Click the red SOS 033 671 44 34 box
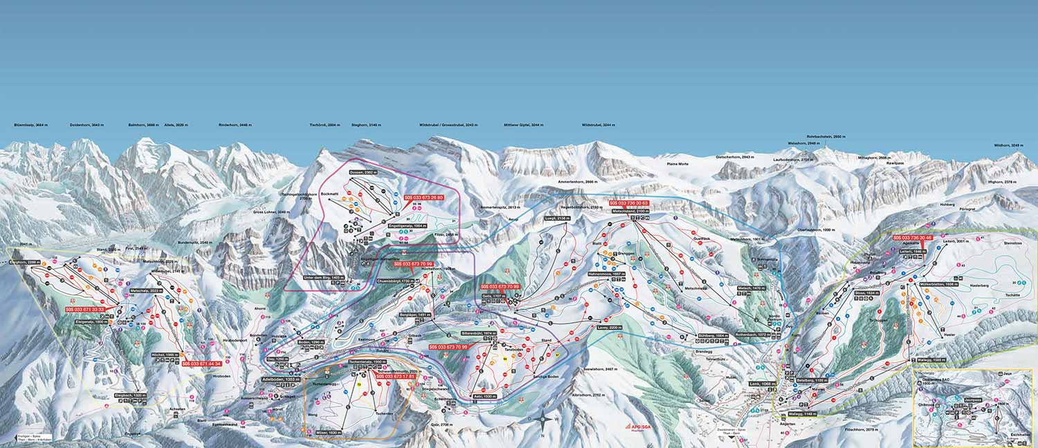coord(201,363)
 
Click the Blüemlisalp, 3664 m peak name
coord(30,125)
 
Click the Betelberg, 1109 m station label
coord(812,380)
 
